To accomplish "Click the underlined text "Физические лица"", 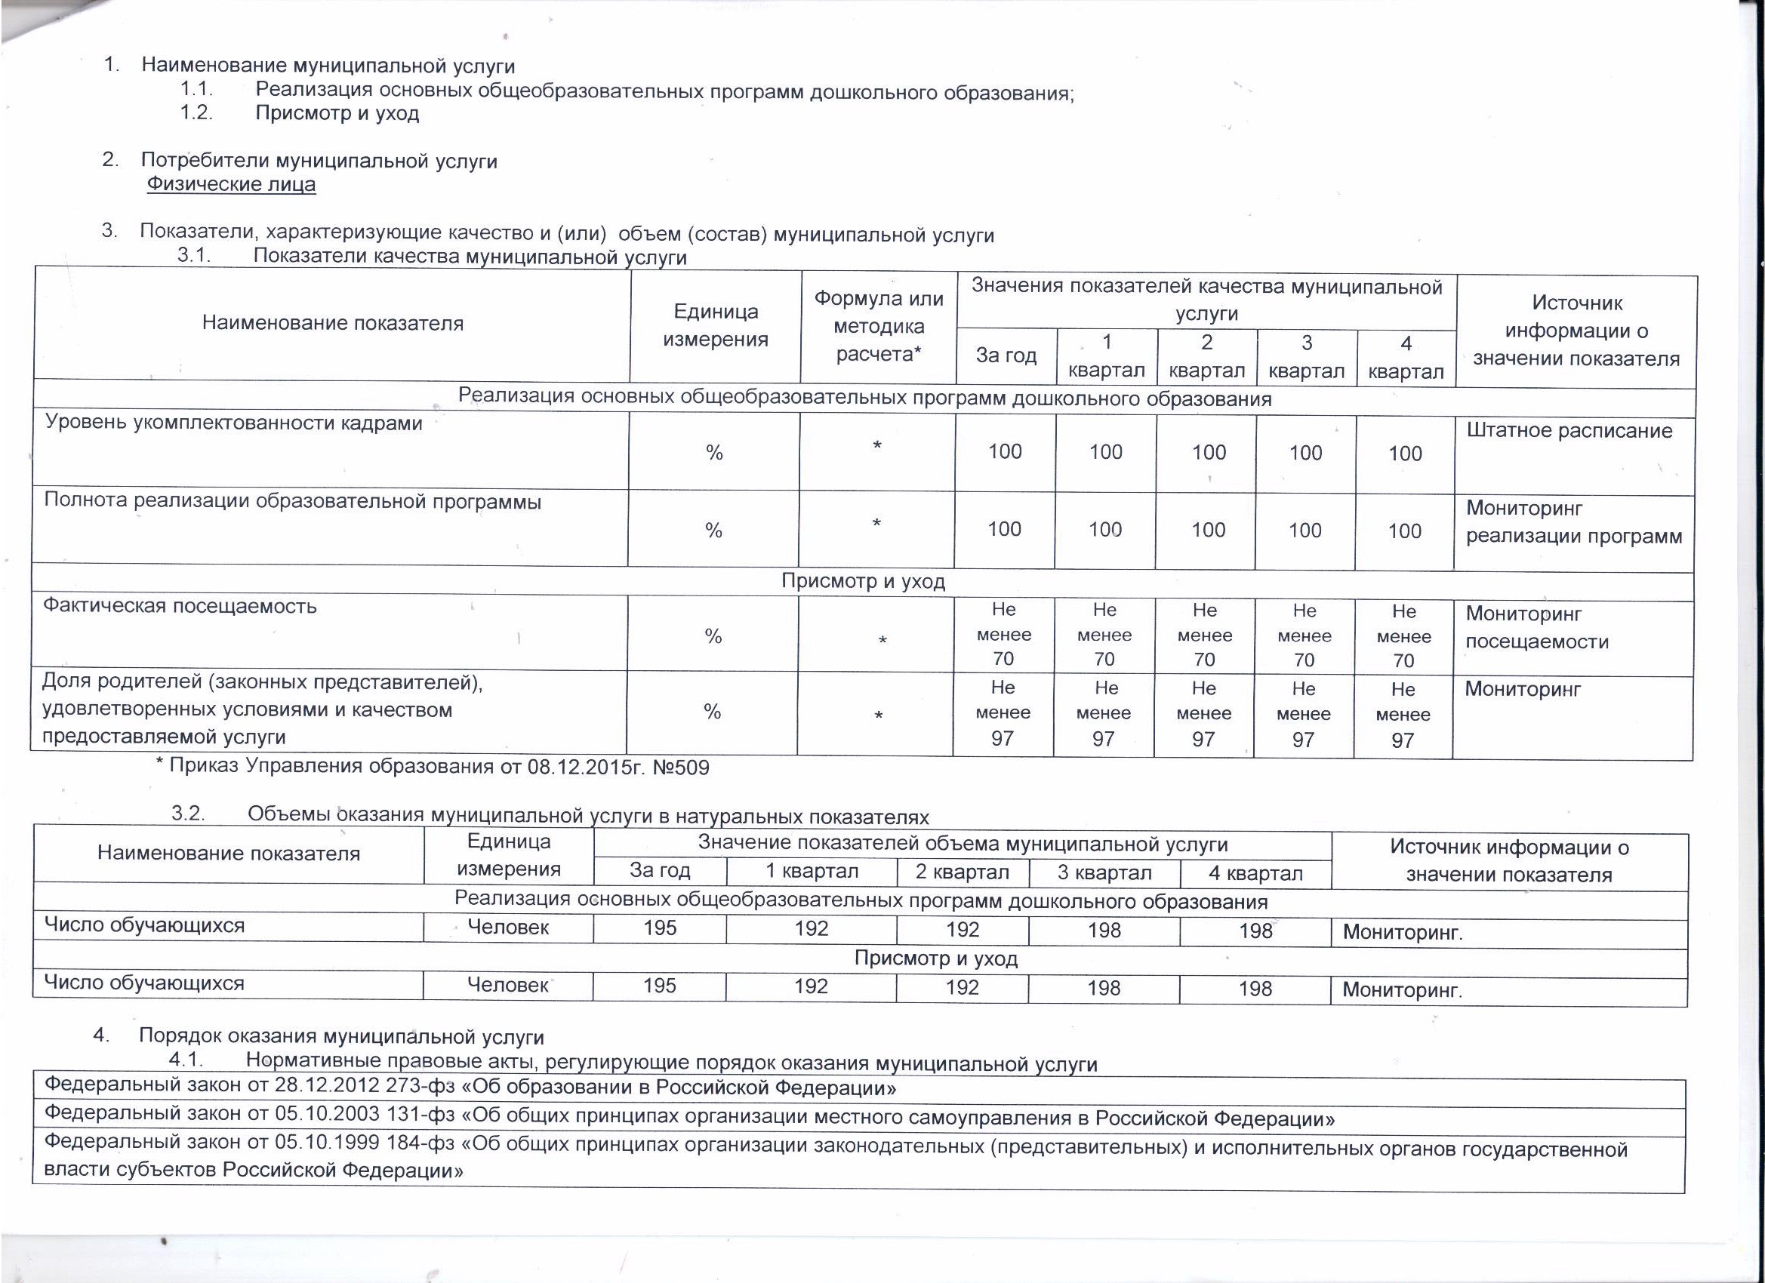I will tap(231, 184).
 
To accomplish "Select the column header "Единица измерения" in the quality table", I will tap(715, 325).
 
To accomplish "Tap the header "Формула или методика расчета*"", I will tap(879, 326).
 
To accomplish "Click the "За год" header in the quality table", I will tap(1006, 355).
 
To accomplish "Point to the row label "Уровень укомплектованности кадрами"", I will tap(233, 423).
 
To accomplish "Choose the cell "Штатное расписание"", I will tap(1569, 430).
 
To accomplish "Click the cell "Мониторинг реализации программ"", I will tap(1573, 522).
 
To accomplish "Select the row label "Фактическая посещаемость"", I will tap(180, 605).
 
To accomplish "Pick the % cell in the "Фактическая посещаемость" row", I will tap(713, 636).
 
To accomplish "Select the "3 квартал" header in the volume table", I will tap(1104, 872).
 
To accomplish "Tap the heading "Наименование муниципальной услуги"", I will tap(328, 66).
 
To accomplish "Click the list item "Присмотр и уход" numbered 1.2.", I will tap(337, 114).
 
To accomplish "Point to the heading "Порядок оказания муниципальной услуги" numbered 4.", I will tap(342, 1037).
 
